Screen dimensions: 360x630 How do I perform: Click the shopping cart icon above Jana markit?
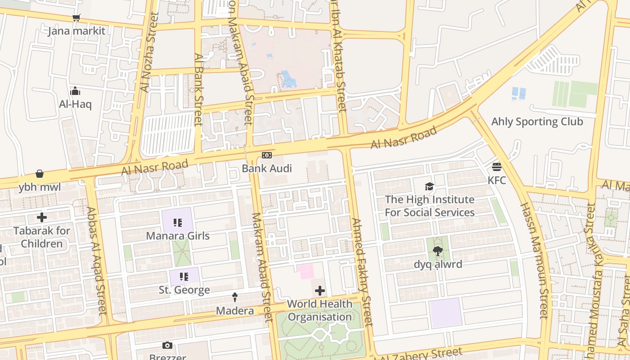point(76,18)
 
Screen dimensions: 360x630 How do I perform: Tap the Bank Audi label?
point(267,168)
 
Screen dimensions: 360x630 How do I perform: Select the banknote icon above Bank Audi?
point(267,155)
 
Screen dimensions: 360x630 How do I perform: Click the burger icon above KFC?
point(497,167)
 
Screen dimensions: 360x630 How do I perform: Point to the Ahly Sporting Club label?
point(537,121)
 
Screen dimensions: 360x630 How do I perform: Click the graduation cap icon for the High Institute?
point(429,186)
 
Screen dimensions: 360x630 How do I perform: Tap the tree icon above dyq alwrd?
point(437,251)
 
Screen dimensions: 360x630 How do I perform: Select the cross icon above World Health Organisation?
point(320,291)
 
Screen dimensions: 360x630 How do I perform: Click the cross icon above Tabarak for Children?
point(42,217)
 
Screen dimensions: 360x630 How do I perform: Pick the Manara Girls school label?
point(178,235)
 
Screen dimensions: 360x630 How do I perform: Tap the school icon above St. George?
point(184,276)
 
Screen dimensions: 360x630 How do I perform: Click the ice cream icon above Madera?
point(234,297)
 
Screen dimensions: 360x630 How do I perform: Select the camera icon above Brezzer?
point(167,345)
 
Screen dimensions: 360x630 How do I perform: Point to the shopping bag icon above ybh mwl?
point(40,174)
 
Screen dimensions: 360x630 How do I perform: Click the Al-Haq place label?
point(75,104)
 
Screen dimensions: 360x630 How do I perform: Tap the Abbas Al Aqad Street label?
point(96,261)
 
